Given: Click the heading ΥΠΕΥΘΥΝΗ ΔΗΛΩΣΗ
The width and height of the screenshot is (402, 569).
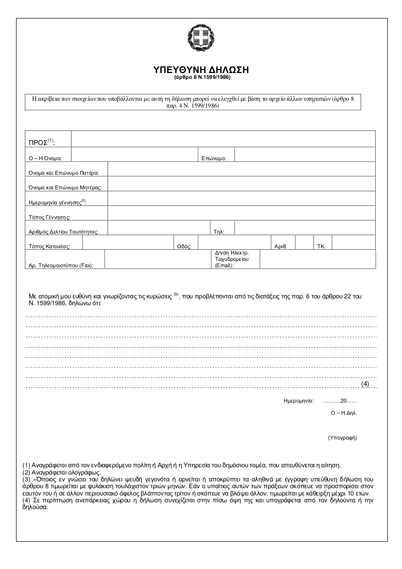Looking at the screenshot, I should (201, 70).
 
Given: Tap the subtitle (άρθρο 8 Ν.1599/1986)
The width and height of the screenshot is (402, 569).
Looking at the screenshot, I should (201, 77).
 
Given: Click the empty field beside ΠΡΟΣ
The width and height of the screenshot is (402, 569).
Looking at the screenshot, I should (223, 138).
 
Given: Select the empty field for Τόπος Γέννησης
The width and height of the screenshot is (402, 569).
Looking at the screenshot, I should (241, 213).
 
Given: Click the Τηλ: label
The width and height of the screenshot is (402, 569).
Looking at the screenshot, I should (219, 232).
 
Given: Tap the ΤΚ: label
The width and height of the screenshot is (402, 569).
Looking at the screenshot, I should (321, 246).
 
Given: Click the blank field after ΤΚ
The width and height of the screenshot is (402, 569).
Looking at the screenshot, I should (354, 242).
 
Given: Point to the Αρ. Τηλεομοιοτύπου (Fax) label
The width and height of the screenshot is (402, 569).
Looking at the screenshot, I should (61, 265).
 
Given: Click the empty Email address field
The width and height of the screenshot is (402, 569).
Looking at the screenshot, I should (318, 259).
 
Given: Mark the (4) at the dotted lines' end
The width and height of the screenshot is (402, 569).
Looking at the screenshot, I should (365, 384).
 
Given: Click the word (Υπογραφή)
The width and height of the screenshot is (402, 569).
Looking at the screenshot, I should (343, 438).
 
